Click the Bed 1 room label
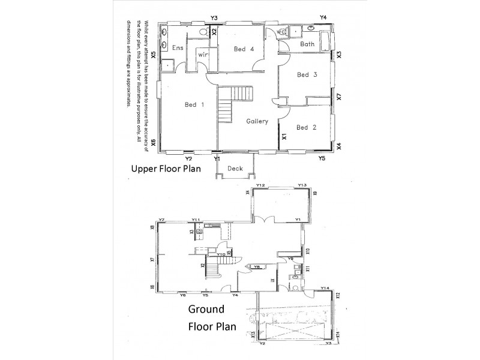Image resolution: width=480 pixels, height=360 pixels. pos(194,105)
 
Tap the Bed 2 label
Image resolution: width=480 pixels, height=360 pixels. pos(306,127)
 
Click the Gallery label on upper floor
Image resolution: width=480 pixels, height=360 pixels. pos(257,122)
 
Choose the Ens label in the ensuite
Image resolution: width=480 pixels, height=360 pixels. pos(178,48)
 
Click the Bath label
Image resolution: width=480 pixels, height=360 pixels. pos(307,44)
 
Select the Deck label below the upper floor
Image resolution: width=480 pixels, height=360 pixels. pos(235,169)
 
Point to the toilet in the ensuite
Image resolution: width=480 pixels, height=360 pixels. pos(203,31)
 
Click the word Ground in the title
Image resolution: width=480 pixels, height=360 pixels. pos(206,310)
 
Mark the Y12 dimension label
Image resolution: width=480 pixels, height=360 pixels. pos(260,186)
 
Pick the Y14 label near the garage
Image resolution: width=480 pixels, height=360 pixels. pos(325,289)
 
